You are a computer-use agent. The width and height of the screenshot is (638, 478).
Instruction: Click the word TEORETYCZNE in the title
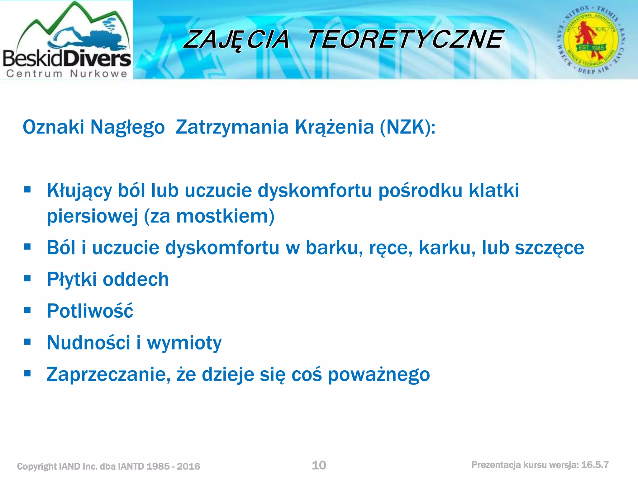point(405,40)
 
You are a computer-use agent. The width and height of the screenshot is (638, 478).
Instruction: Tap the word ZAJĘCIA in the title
point(237,40)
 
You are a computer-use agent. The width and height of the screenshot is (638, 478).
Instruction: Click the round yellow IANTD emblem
point(591,40)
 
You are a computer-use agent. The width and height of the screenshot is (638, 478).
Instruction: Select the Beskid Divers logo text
point(67,59)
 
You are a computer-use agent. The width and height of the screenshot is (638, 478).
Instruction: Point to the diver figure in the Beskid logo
point(90,39)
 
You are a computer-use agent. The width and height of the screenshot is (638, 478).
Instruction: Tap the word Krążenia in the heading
point(334,127)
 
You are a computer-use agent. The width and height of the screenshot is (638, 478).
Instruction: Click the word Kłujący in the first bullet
point(79,190)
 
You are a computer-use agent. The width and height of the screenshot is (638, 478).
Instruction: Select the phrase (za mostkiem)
point(209,216)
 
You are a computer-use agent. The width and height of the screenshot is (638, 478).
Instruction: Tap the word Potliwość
point(90,311)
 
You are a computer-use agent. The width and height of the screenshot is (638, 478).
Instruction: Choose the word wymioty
point(184,343)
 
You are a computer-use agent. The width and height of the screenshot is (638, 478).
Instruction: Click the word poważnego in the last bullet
point(379,374)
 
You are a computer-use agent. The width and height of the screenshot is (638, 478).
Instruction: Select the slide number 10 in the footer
point(319,465)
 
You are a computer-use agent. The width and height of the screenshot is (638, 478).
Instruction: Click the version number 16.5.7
point(595,465)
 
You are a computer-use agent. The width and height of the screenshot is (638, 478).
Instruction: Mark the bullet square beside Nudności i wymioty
point(27,342)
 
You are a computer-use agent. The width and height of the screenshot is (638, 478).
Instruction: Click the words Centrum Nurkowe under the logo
point(67,74)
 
